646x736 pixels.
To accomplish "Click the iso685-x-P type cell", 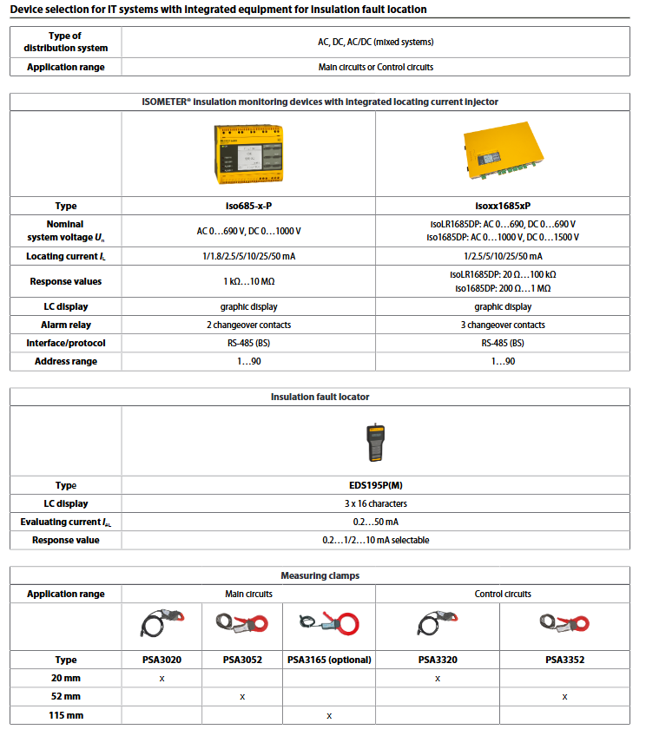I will (x=248, y=206).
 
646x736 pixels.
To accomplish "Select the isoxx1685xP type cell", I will (x=503, y=206).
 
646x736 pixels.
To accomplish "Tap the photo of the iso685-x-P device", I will (x=248, y=154).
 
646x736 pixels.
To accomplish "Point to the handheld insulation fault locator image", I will (x=376, y=442).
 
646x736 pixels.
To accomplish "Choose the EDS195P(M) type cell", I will (x=376, y=485).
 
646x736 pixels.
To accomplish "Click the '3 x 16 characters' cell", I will (x=376, y=503).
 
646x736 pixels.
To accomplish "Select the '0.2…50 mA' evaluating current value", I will (x=376, y=522).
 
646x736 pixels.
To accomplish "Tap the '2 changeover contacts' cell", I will (x=248, y=325).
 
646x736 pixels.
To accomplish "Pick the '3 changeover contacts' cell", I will (x=503, y=325).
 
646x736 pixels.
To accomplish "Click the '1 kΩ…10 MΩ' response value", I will (x=248, y=281).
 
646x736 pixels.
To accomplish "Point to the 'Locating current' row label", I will (x=65, y=257).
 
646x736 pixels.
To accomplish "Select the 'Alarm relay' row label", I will (x=65, y=325).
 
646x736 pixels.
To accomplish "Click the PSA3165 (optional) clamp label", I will (x=329, y=660).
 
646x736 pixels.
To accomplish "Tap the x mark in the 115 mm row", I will (x=329, y=715).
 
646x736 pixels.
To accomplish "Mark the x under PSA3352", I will (x=565, y=696).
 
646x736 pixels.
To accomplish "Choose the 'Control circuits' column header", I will (x=503, y=594).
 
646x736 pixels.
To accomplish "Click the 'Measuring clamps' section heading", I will (x=320, y=575).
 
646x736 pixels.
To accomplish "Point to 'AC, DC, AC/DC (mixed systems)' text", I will (x=376, y=42).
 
